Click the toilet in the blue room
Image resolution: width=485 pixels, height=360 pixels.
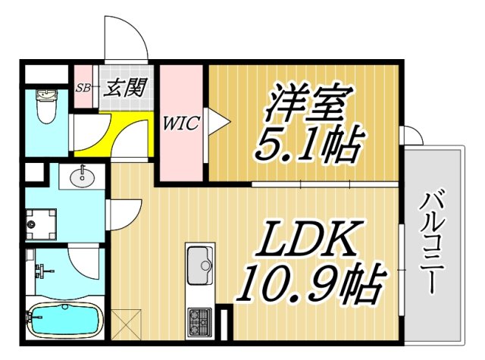[x=46, y=106]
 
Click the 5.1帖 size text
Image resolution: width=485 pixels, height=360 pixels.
[x=305, y=146]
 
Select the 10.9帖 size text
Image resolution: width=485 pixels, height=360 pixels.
[x=309, y=282]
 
